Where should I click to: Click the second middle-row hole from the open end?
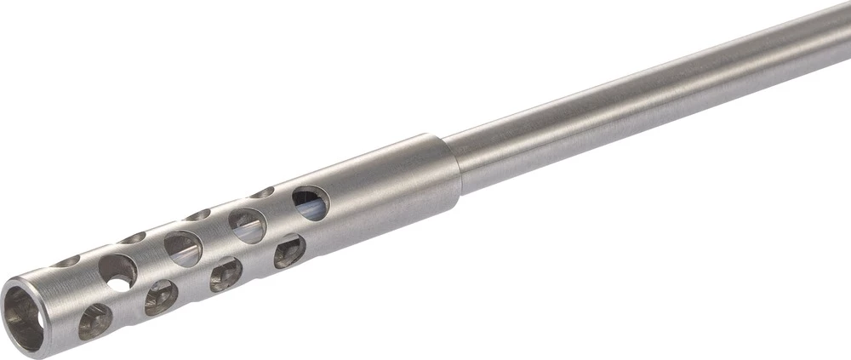(182, 249)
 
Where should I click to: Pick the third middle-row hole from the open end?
(247, 226)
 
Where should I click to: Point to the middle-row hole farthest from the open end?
(311, 203)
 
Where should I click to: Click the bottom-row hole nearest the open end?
(94, 322)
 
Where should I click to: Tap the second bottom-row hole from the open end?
(161, 297)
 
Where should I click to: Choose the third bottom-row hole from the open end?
(226, 274)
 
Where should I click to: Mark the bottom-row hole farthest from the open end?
(289, 251)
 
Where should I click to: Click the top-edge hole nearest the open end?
(66, 260)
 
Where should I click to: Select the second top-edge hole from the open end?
(133, 237)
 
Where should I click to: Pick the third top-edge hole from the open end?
(197, 214)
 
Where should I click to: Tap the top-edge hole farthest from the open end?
(261, 192)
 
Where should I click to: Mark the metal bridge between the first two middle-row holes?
(151, 260)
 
